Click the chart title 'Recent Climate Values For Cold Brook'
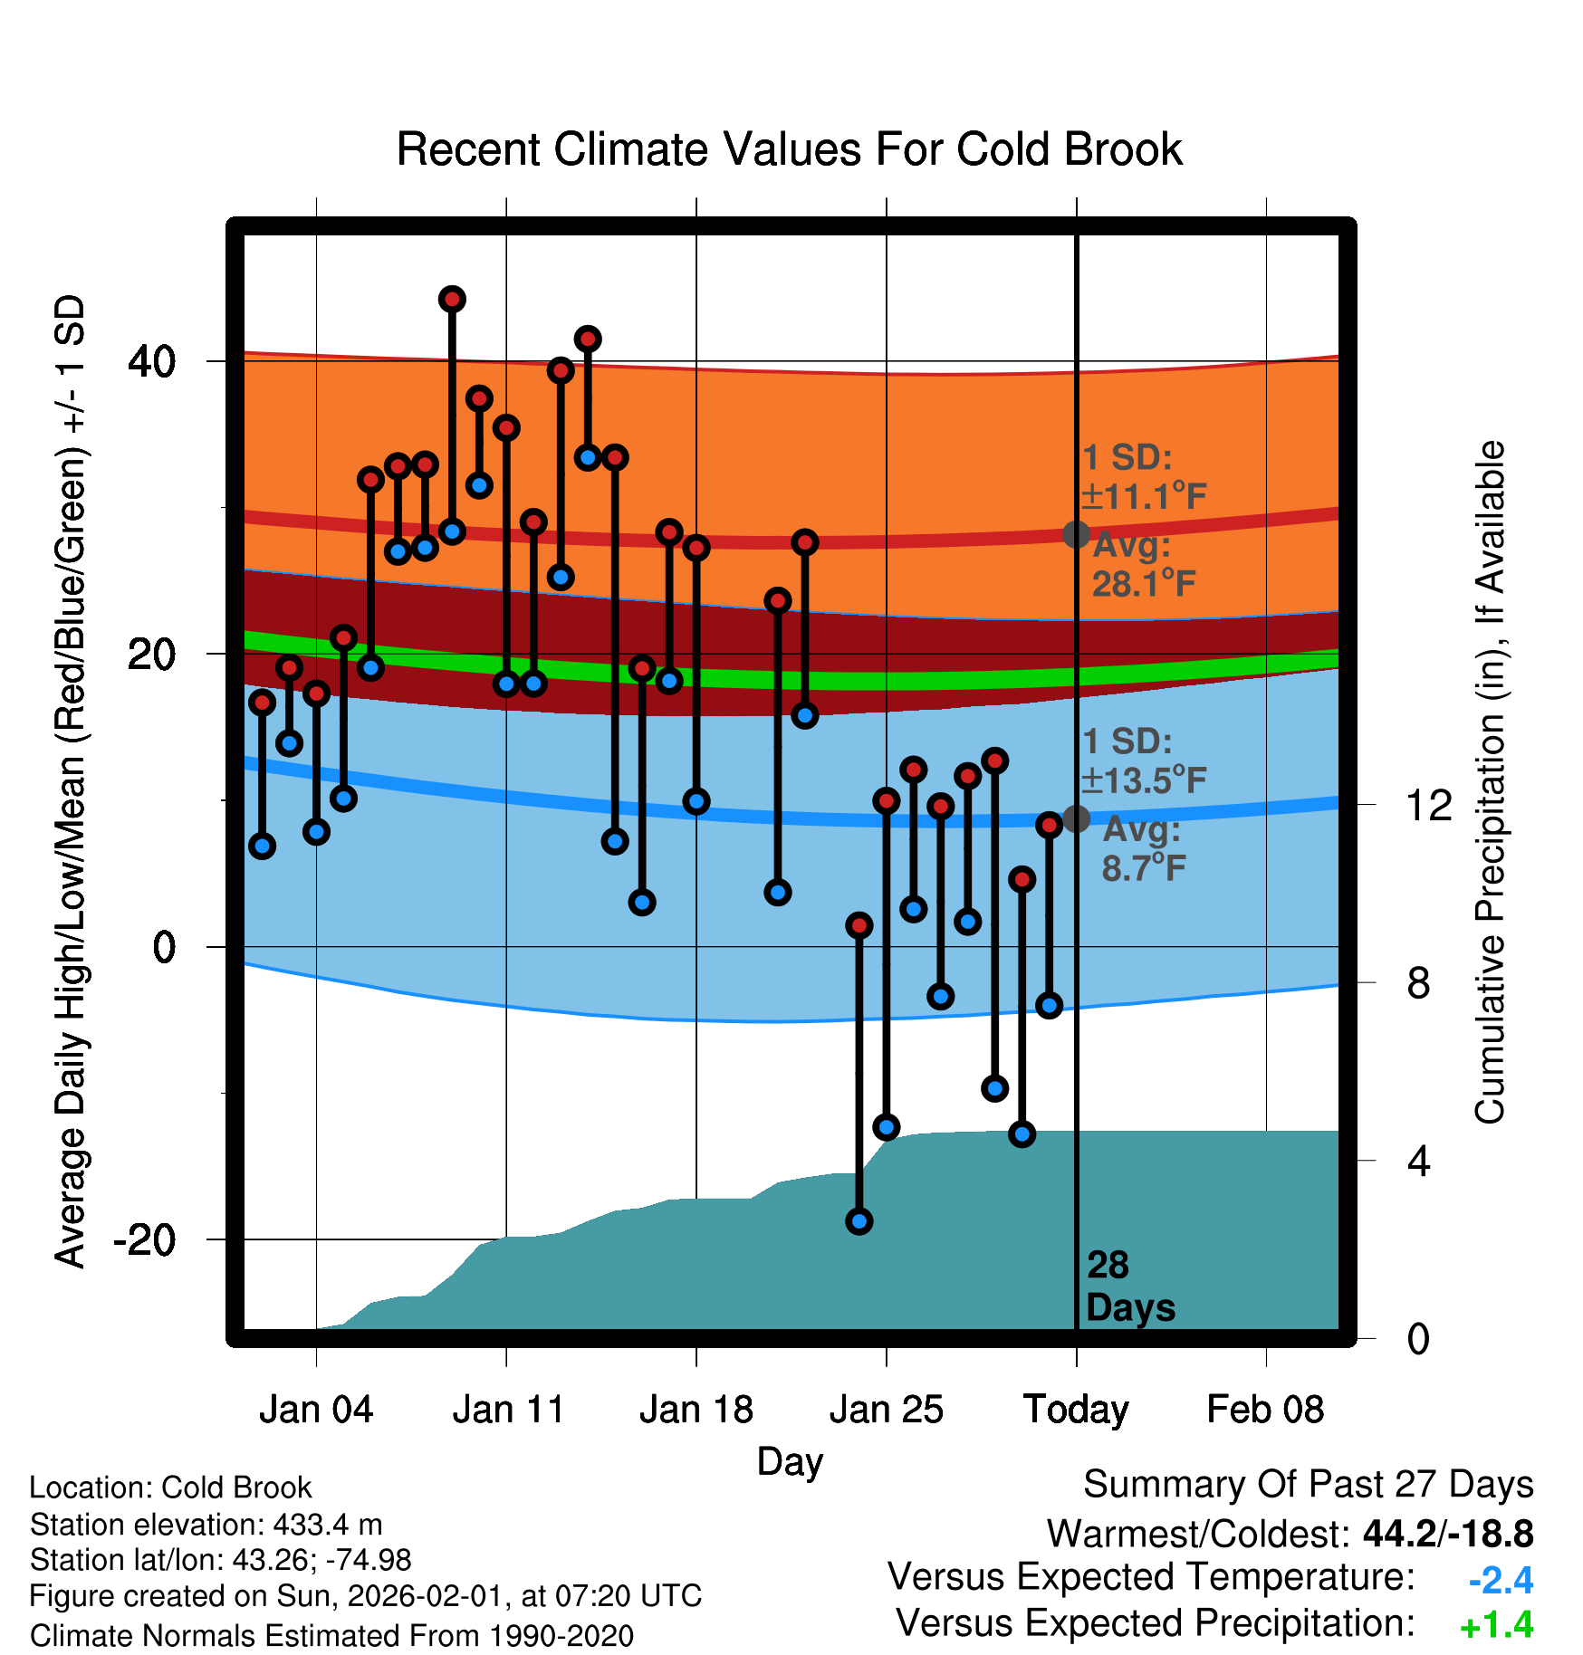pos(789,149)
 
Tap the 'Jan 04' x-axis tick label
pos(316,1410)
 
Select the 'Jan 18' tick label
pos(696,1410)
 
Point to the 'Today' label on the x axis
pos(1076,1410)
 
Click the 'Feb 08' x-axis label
pos(1265,1410)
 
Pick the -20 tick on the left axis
pos(144,1239)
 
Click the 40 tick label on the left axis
pos(151,361)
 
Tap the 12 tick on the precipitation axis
pos(1428,805)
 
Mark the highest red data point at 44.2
pos(452,299)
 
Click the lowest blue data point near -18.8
pos(859,1221)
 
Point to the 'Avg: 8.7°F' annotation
pos(1143,848)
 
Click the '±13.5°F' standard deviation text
pos(1144,780)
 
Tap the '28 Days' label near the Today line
pos(1129,1287)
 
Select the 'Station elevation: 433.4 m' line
pos(206,1526)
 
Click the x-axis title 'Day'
pos(790,1461)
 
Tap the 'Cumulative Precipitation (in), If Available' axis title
pos(1490,782)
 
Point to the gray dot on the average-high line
pos(1076,534)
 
